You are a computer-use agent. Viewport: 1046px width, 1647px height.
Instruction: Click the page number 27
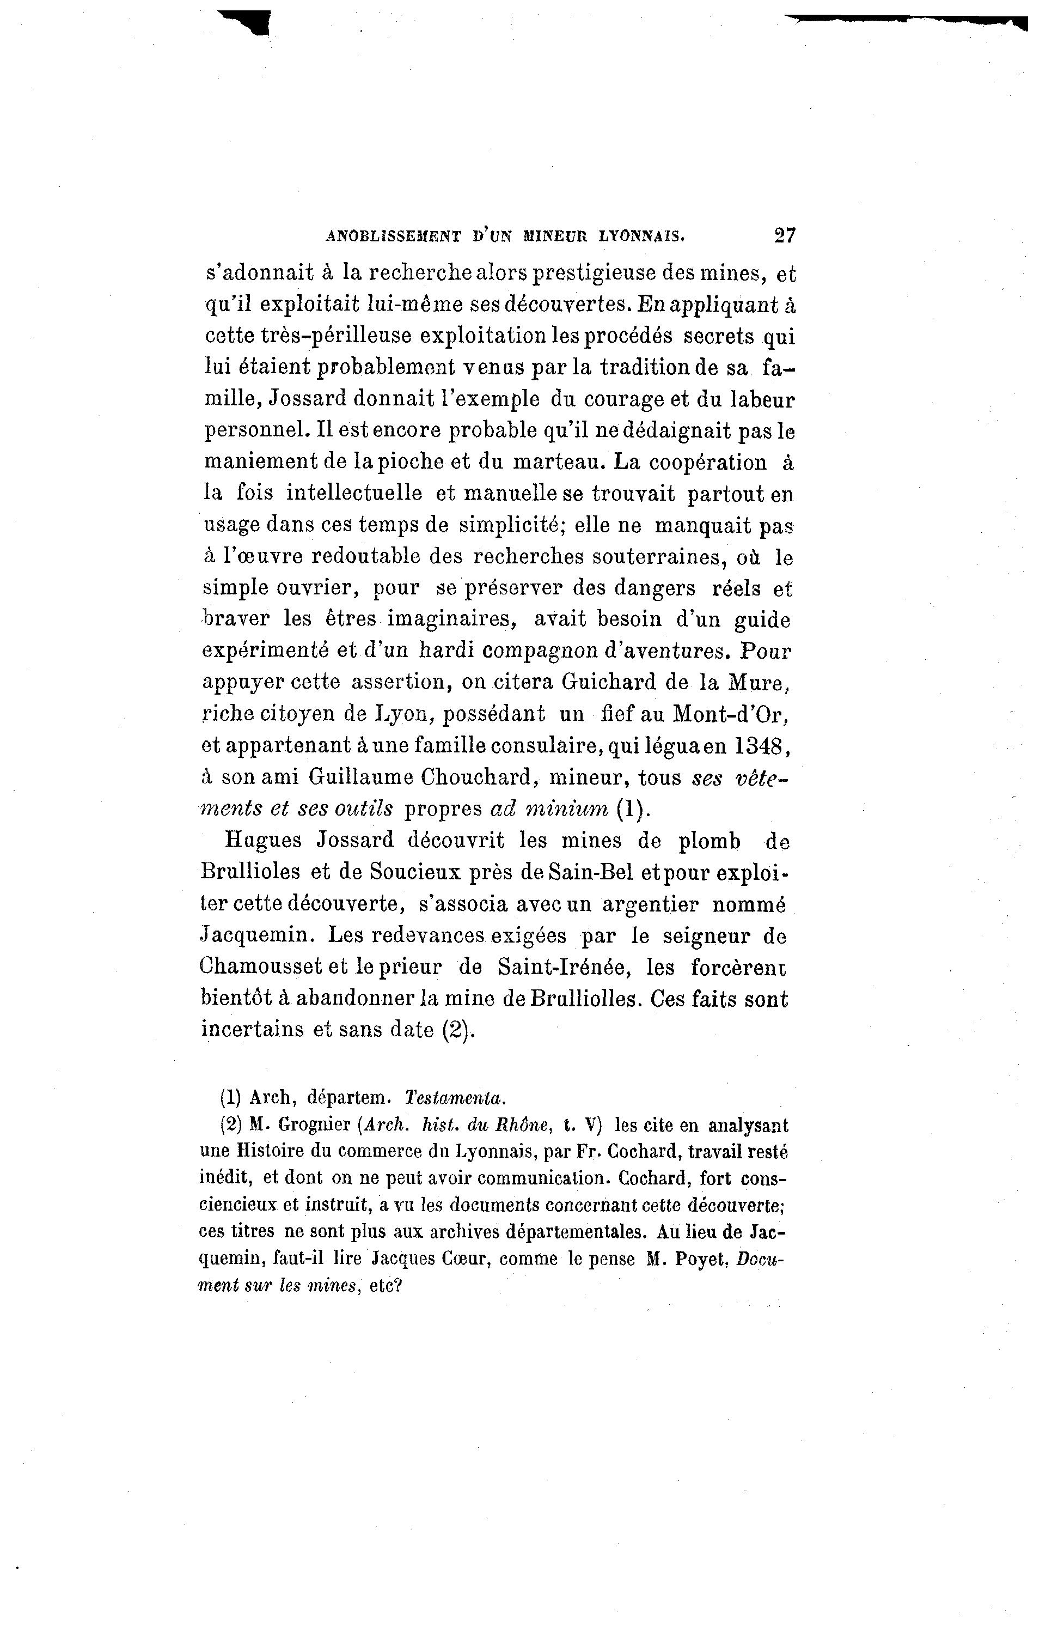point(785,235)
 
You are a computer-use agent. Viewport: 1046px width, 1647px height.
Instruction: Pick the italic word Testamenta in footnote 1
point(455,1097)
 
